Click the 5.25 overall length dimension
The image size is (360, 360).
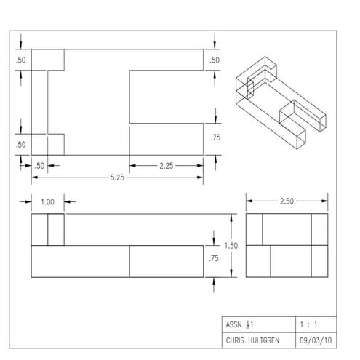click(x=116, y=177)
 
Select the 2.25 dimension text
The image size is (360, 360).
click(x=166, y=166)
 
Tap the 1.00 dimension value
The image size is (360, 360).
click(x=48, y=201)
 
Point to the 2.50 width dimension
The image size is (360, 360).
click(x=288, y=201)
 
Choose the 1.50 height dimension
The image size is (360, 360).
click(x=231, y=246)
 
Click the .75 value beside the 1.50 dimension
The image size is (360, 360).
click(x=214, y=258)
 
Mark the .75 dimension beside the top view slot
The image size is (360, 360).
click(x=215, y=137)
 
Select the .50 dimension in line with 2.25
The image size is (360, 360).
click(x=40, y=166)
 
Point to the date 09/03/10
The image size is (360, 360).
click(x=312, y=340)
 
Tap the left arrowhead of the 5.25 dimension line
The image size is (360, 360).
click(x=33, y=177)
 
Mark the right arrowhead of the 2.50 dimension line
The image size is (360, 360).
click(x=327, y=201)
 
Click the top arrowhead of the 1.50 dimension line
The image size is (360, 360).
click(x=232, y=216)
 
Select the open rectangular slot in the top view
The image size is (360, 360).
click(x=166, y=96)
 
